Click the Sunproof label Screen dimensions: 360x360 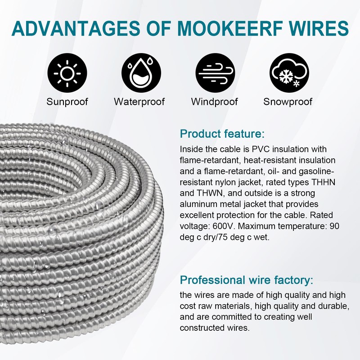[67, 101]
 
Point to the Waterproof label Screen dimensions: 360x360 [139, 101]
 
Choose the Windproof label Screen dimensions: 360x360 [214, 101]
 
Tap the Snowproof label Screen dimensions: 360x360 [288, 101]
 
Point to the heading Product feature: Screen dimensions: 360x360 [222, 134]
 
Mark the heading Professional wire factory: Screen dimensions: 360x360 [246, 280]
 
